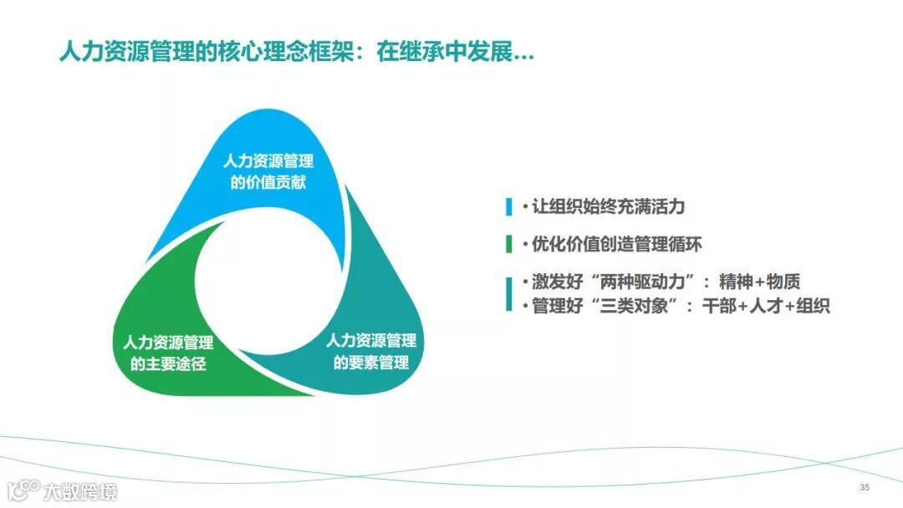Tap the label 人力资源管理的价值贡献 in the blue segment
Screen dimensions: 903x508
[268, 171]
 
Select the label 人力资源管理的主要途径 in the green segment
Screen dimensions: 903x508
[168, 353]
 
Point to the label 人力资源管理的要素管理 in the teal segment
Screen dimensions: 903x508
[370, 352]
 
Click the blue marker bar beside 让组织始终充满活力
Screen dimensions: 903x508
[508, 207]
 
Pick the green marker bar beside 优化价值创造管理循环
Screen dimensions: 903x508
[508, 245]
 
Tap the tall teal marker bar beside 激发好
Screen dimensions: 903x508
[508, 293]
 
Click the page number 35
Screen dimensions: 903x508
[865, 487]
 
